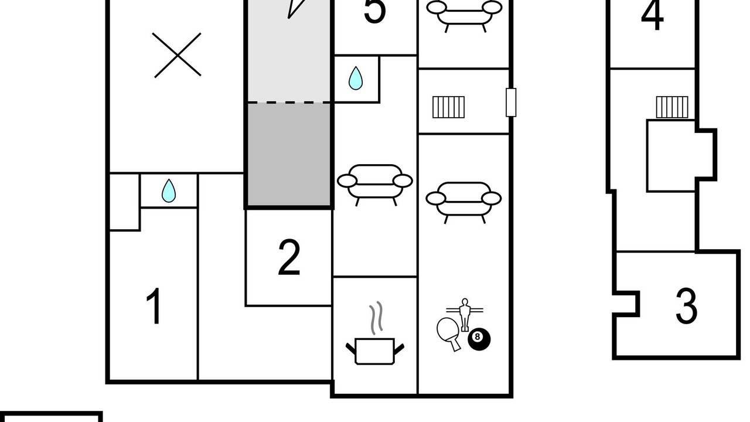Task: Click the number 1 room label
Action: (x=154, y=306)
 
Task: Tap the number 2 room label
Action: (x=289, y=257)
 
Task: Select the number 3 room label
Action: (x=686, y=306)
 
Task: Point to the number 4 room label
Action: (x=652, y=15)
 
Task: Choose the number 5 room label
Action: (x=374, y=12)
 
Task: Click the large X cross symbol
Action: (x=177, y=55)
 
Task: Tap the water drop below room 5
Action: (x=355, y=78)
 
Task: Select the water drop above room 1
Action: (x=168, y=190)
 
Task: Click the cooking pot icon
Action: (x=374, y=351)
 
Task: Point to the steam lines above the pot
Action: (x=376, y=318)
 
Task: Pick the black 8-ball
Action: (x=479, y=339)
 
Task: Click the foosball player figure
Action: (x=465, y=315)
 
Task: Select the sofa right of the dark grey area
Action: (x=374, y=185)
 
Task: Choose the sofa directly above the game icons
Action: (x=463, y=203)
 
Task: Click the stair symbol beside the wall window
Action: (x=449, y=107)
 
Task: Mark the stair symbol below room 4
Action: (x=672, y=107)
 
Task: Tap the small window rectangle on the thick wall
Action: (x=510, y=103)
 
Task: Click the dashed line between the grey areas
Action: (x=289, y=102)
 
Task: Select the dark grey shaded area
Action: (x=289, y=154)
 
